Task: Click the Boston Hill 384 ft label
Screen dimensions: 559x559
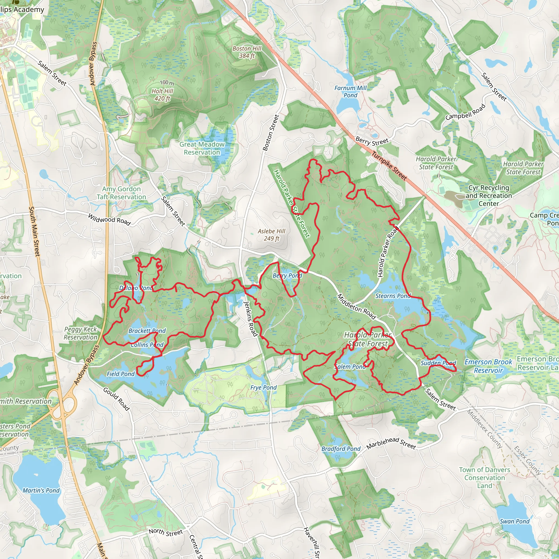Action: (x=247, y=52)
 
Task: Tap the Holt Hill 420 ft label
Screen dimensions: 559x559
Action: (x=162, y=95)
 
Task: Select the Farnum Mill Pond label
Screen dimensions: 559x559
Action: (x=350, y=91)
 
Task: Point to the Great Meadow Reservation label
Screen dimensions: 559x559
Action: (x=202, y=148)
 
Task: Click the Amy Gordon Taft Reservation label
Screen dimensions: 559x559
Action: (x=121, y=193)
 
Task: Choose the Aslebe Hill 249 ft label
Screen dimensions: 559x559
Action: (x=271, y=235)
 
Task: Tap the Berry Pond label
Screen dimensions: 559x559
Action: (x=287, y=275)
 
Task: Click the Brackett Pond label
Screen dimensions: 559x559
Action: (x=147, y=331)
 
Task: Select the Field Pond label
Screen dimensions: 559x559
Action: (x=121, y=374)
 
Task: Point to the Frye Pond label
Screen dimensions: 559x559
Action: (x=263, y=387)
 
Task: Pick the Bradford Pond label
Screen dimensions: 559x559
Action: (x=341, y=449)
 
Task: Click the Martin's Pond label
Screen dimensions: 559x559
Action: (x=41, y=490)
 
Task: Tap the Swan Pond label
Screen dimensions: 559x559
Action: (x=515, y=521)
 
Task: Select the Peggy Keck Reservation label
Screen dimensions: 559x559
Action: (x=81, y=333)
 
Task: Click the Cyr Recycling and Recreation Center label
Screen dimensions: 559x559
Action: (x=489, y=196)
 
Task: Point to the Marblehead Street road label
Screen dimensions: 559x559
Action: (x=391, y=443)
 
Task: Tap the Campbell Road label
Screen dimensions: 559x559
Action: (x=465, y=112)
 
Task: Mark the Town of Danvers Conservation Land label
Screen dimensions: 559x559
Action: (x=485, y=478)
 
